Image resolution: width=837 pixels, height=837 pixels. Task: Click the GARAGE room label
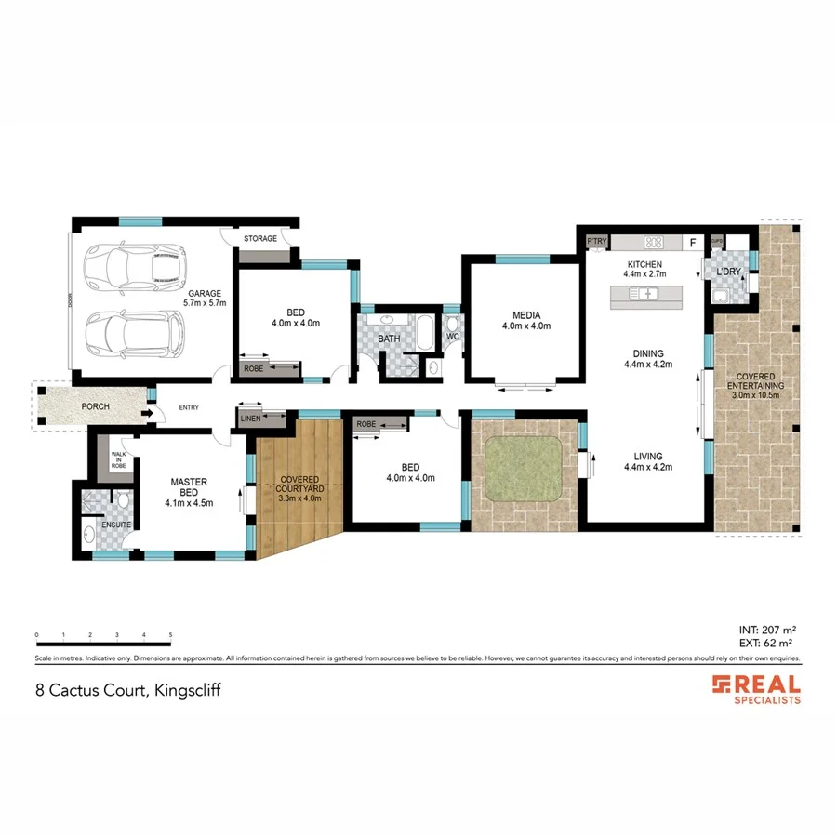coord(205,297)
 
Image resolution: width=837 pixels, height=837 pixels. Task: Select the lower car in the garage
coord(134,332)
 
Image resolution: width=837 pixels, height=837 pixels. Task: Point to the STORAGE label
coord(260,239)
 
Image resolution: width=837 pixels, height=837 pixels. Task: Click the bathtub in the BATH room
coord(423,331)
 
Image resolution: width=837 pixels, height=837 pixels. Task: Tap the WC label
coord(453,337)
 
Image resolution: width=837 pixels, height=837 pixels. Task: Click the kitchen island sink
coord(644,295)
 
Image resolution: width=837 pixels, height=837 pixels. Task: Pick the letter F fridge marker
coord(692,243)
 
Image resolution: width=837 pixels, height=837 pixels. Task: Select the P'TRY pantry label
coord(596,242)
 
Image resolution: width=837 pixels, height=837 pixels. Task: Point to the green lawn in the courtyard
coord(525,468)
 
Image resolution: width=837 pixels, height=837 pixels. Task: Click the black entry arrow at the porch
coord(149,406)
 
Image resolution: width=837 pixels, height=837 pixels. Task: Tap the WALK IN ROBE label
coord(118,459)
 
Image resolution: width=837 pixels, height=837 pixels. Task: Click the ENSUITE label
coord(116,525)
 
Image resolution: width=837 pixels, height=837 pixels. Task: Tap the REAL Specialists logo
coord(756,689)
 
